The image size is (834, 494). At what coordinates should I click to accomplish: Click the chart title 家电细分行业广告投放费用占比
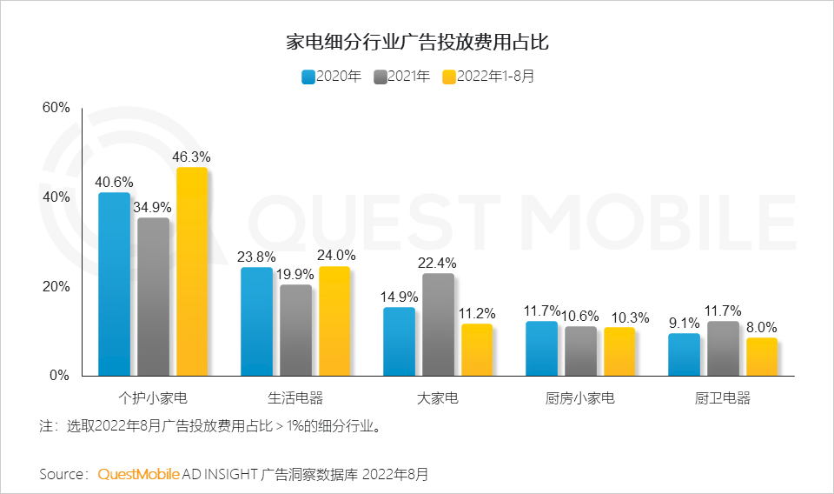417,41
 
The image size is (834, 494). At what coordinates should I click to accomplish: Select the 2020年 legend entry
331,77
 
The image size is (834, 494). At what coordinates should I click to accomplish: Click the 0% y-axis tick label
59,376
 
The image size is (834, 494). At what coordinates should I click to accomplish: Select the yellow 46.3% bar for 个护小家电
192,271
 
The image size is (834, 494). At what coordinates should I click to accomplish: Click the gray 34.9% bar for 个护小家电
153,297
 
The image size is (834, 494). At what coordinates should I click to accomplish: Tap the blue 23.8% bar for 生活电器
256,321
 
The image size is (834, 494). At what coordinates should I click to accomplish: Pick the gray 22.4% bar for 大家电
438,324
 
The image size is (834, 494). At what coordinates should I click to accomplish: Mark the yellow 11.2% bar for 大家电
477,350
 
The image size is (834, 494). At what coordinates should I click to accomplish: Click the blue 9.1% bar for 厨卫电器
684,354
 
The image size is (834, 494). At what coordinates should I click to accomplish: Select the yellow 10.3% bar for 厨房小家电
619,351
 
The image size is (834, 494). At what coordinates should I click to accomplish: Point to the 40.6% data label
114,182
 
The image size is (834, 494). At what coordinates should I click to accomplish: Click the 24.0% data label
335,256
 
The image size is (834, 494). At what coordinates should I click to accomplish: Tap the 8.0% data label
762,327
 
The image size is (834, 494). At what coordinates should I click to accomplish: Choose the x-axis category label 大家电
438,399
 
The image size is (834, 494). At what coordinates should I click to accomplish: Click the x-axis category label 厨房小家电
580,399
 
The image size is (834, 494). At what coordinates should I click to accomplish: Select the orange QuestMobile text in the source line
138,474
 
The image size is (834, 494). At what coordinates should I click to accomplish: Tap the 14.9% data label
400,297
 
